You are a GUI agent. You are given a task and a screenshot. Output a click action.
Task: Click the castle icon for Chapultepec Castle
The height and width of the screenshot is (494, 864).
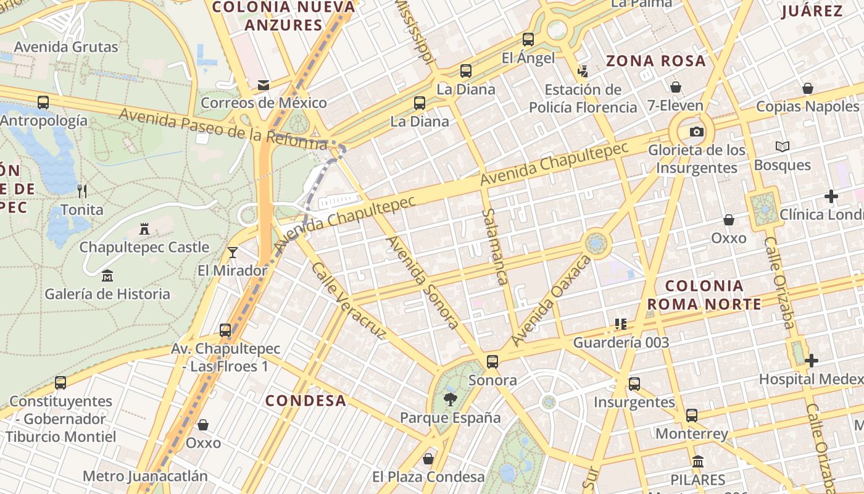coord(144,229)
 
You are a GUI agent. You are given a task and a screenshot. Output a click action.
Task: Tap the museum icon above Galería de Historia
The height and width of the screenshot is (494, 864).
coord(107,275)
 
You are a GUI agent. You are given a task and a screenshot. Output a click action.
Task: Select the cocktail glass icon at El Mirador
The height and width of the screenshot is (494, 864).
coord(233,252)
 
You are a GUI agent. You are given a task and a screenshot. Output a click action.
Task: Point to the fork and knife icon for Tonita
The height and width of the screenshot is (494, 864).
coord(81,191)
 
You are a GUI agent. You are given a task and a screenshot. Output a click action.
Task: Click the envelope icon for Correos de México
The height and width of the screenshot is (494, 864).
coord(264,85)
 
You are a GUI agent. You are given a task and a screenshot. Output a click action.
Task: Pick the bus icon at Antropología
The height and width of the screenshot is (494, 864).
coord(43,103)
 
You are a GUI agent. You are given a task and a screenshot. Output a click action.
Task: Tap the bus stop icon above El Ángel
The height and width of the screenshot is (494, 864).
coord(528,40)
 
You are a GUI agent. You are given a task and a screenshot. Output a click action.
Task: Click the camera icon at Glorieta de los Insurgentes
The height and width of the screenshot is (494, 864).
coord(696,132)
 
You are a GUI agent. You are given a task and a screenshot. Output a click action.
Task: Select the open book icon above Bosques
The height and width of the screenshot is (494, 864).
coord(783,147)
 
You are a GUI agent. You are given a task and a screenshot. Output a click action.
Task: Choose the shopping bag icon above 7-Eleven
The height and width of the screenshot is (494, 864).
coord(676,87)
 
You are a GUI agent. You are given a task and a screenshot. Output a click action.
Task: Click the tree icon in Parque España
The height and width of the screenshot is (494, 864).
coord(451,399)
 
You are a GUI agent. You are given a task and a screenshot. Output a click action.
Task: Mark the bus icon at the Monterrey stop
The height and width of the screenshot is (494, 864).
coord(692,415)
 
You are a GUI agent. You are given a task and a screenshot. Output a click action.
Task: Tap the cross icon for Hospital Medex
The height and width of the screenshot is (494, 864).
coord(812,361)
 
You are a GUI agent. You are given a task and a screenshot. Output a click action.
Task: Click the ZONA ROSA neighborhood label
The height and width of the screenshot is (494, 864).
coord(655,61)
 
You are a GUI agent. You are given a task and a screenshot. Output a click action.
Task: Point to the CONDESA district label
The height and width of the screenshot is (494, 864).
coord(306,400)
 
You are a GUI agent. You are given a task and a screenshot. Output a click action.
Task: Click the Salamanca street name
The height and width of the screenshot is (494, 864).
coord(495,246)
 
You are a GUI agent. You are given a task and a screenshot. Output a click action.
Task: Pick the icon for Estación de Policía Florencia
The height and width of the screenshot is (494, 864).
coord(583,71)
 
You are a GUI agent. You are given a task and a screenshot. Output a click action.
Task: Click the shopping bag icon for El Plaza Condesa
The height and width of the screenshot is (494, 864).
coord(428,459)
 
